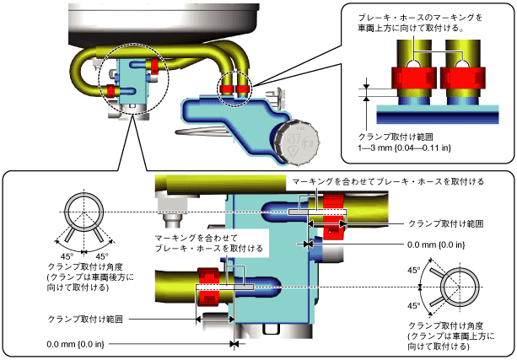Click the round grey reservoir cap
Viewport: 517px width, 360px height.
[x=297, y=142]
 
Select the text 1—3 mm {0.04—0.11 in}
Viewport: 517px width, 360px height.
[x=404, y=148]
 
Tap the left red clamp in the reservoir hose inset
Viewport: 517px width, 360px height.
[x=414, y=78]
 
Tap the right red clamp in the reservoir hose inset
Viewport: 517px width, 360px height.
[x=462, y=78]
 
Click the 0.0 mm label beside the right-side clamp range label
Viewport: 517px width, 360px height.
[x=436, y=244]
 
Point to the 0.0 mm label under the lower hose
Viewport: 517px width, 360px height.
[x=75, y=345]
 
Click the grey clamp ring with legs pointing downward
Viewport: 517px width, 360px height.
[x=83, y=218]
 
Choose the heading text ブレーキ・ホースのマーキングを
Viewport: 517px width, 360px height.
[x=420, y=17]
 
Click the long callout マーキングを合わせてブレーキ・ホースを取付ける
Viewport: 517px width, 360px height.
[x=388, y=181]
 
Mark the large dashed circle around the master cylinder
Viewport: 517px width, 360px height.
[x=134, y=78]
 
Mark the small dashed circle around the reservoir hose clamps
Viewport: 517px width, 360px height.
[x=234, y=89]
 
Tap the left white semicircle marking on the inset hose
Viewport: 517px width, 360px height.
[x=414, y=64]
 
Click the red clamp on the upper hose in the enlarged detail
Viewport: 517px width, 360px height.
[x=334, y=217]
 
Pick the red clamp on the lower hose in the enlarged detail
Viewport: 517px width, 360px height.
[x=208, y=287]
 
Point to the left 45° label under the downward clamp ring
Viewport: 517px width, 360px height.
[x=67, y=257]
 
